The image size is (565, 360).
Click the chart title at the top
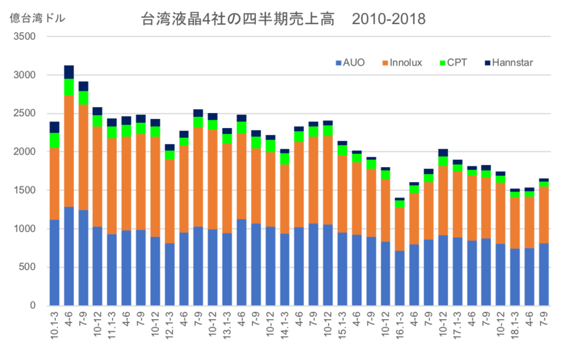[283, 19]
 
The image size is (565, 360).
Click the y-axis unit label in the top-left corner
[38, 18]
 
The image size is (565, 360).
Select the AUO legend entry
[350, 63]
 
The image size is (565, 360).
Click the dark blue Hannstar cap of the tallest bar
[69, 71]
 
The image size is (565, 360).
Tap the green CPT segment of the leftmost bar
[55, 140]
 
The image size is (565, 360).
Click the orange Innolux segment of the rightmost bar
[544, 215]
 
